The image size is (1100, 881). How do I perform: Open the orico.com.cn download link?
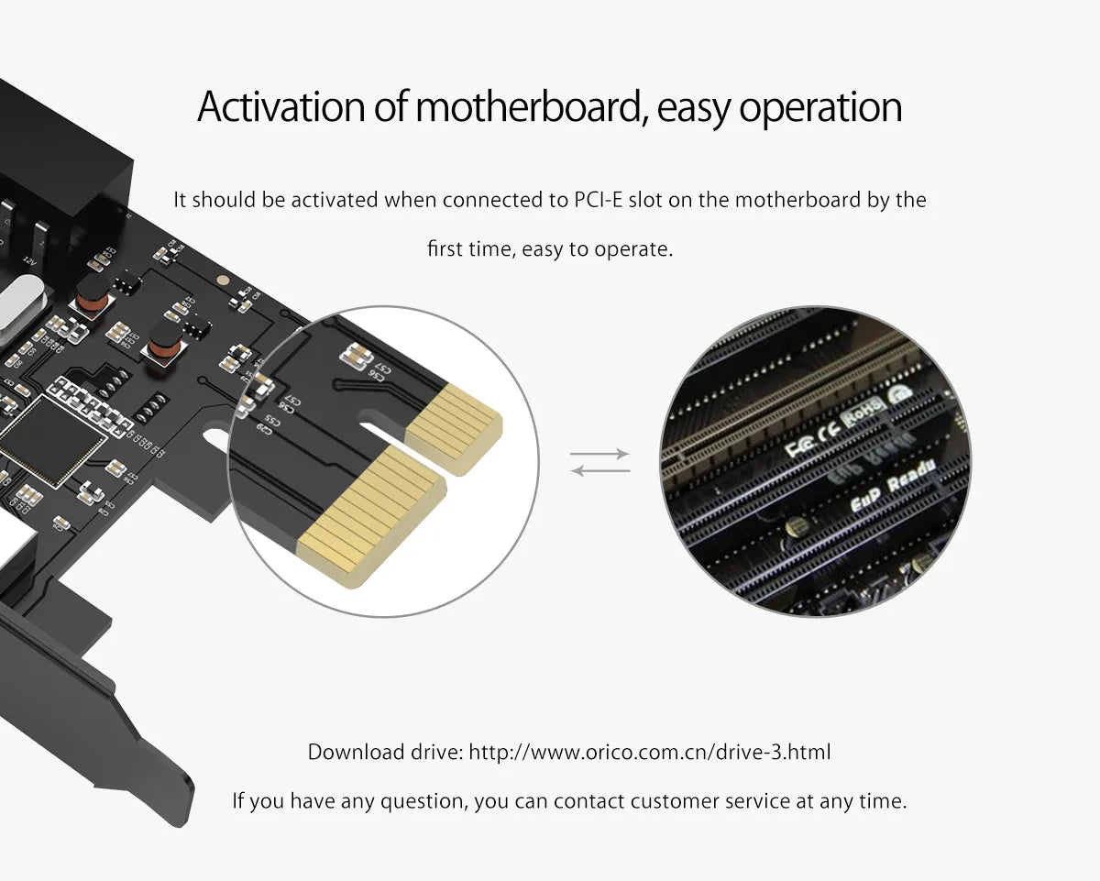pyautogui.click(x=650, y=753)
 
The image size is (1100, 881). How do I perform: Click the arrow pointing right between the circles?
pyautogui.click(x=599, y=454)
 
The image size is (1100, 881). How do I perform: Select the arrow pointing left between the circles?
pyautogui.click(x=599, y=470)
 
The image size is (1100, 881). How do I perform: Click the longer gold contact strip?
pyautogui.click(x=371, y=513)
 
